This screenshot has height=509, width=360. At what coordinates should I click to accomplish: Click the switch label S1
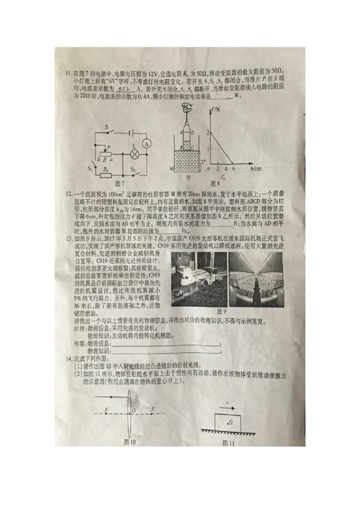[90, 168]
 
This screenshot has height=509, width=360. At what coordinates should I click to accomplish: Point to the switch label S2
[133, 169]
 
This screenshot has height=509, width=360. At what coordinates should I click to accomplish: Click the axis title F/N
[217, 110]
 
